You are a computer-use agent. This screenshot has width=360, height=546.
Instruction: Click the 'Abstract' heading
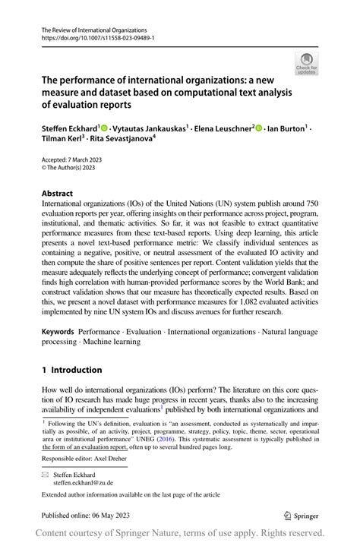point(58,194)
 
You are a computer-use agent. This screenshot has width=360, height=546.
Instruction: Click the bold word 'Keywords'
point(58,332)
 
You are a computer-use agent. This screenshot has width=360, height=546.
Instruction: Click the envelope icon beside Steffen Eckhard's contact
point(45,473)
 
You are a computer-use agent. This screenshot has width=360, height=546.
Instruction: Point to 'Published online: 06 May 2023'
point(81,514)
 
